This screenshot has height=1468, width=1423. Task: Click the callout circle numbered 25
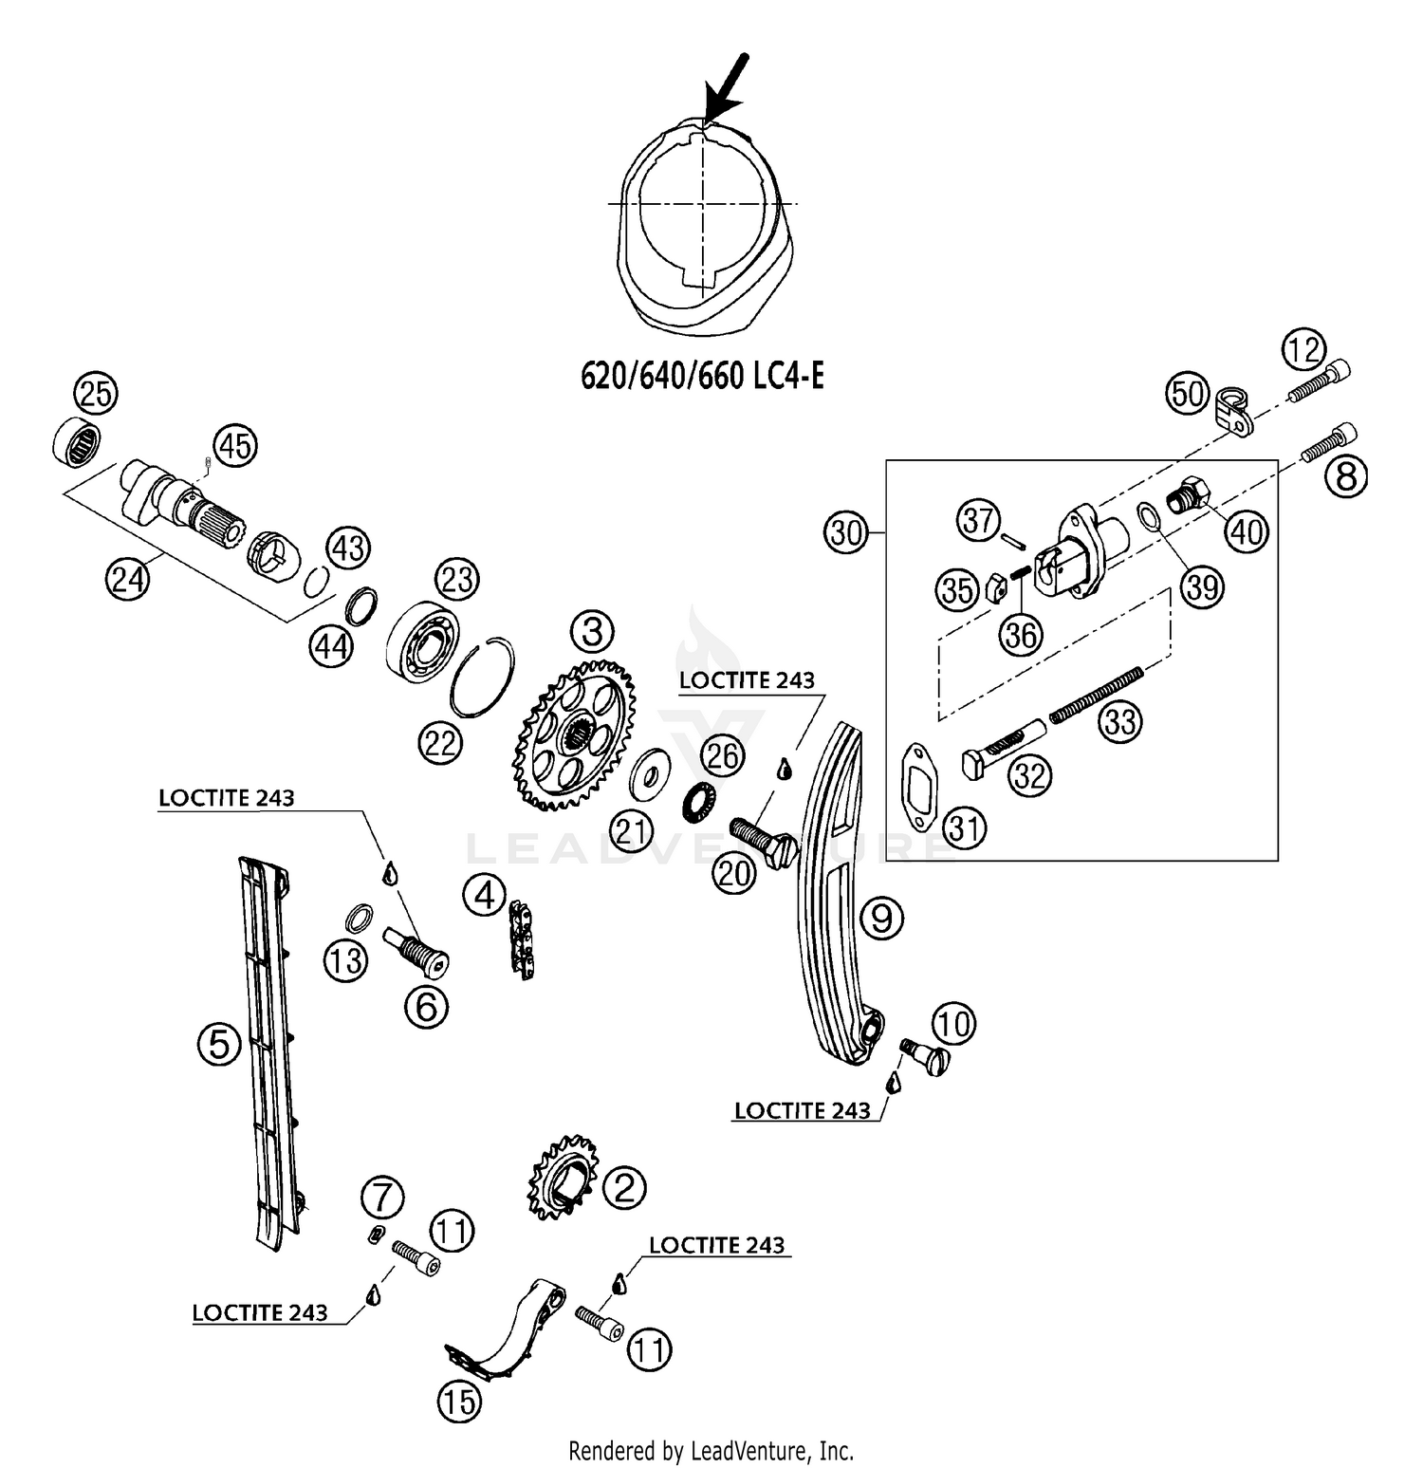point(95,393)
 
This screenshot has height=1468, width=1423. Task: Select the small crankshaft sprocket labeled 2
point(560,1177)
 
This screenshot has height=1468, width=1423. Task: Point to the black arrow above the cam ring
point(727,88)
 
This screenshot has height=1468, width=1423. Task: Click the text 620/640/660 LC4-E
point(702,377)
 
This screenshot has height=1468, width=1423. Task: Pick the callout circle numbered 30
point(846,532)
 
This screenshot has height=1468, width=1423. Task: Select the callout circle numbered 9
point(881,918)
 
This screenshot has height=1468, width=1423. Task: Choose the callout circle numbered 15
point(460,1401)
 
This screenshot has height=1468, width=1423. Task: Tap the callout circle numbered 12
point(1304,351)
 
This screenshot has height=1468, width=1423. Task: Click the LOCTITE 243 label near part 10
point(803,1110)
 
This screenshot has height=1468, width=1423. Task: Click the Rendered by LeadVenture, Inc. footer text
point(711,1450)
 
